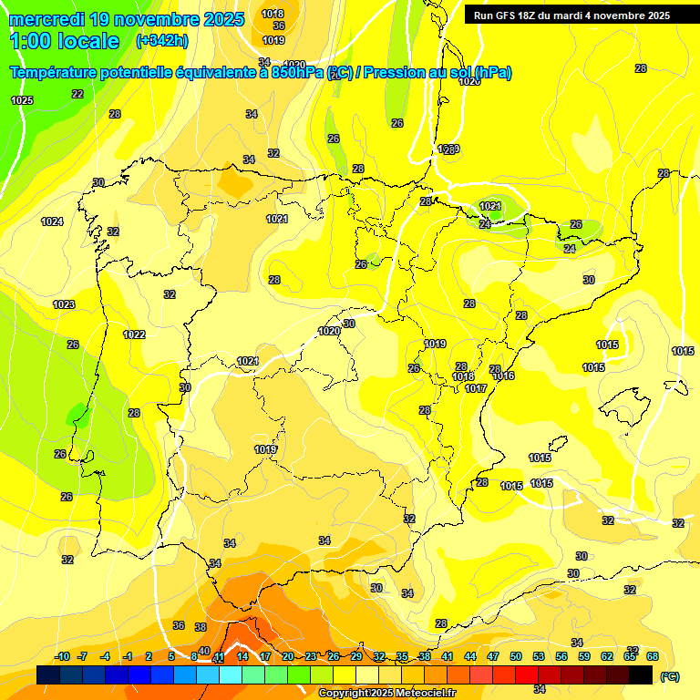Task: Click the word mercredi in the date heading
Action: [45, 18]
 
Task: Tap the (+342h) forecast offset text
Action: [162, 40]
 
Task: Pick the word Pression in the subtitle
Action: [394, 73]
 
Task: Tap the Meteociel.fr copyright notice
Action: [387, 693]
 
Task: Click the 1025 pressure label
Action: [22, 100]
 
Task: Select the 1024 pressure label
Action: [52, 221]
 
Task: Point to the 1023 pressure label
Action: [64, 304]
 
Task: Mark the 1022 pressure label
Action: [134, 335]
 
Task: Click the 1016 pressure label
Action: [504, 376]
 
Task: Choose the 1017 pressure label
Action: [475, 388]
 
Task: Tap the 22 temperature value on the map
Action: [77, 94]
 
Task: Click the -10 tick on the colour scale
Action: [62, 656]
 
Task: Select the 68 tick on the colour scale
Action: [653, 656]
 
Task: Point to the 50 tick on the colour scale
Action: [516, 656]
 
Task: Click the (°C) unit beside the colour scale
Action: [670, 676]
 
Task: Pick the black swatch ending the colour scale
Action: [641, 674]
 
